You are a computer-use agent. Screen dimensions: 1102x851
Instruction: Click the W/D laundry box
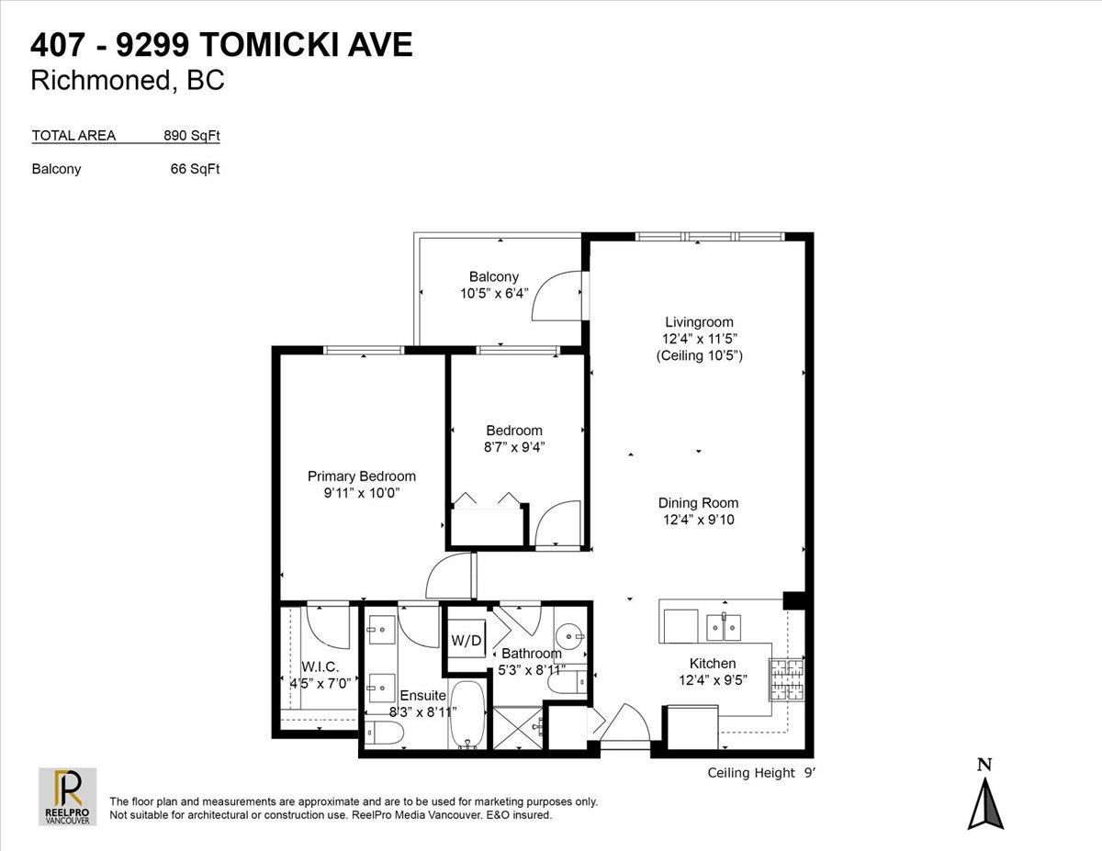point(466,640)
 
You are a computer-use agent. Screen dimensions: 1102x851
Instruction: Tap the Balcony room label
point(494,276)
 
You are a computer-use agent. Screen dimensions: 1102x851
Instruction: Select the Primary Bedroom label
point(362,476)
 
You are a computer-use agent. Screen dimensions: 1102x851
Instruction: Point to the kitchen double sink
point(724,628)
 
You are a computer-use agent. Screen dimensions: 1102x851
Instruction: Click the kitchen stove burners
point(787,679)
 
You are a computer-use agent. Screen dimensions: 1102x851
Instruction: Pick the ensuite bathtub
point(467,714)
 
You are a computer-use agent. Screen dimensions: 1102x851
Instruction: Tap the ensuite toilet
point(384,733)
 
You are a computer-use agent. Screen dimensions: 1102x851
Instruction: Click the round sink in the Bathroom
point(570,635)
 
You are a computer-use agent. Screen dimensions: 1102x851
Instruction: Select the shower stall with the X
point(518,728)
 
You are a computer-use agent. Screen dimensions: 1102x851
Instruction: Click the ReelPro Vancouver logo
point(68,796)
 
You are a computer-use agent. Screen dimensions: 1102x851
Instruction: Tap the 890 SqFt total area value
point(191,135)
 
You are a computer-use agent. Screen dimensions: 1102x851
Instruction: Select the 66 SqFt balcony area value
point(195,169)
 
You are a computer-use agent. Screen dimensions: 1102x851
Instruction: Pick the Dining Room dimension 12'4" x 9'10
point(698,520)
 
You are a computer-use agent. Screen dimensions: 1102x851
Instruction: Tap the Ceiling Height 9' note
point(761,773)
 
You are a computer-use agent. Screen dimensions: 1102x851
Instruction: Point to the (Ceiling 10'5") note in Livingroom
point(700,355)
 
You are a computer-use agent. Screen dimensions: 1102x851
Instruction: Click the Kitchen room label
point(713,663)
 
